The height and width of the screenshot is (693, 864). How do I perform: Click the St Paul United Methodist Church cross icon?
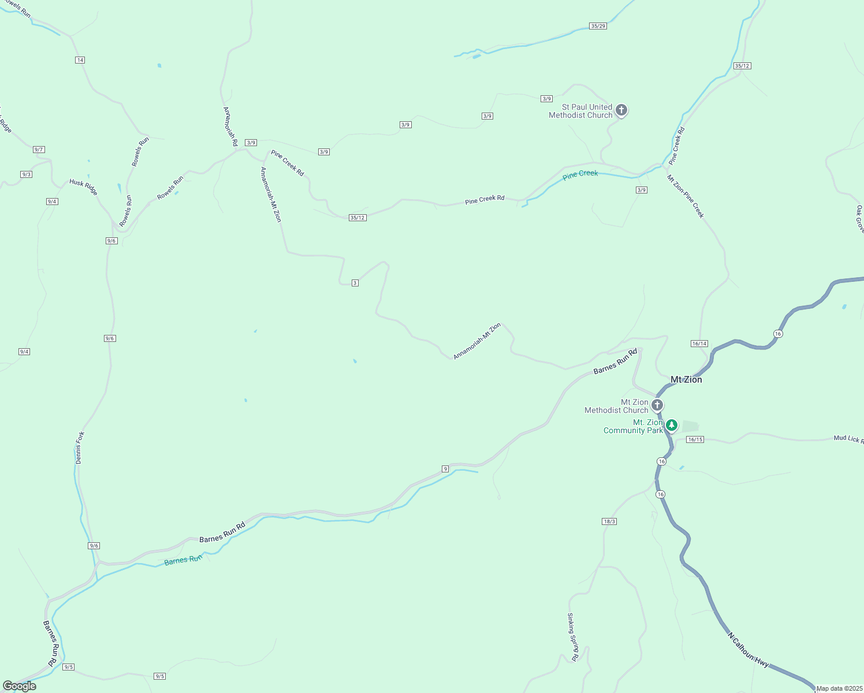[621, 110]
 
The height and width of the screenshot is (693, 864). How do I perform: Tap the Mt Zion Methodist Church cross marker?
[657, 405]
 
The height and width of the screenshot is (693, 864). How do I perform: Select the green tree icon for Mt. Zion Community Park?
[671, 426]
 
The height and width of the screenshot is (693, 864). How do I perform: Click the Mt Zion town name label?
[686, 379]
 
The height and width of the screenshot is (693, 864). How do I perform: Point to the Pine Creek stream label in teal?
[580, 174]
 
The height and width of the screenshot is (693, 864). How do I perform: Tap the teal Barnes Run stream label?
[183, 560]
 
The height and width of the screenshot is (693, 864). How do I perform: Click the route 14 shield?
[80, 60]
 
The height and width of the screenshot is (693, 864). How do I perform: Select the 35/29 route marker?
[598, 26]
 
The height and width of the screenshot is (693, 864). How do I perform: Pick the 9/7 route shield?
[39, 150]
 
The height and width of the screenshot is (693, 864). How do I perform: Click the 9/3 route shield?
[26, 174]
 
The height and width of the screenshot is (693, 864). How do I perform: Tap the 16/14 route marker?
[699, 344]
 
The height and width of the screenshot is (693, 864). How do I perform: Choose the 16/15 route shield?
[695, 439]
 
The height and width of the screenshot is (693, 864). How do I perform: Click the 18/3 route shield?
[609, 521]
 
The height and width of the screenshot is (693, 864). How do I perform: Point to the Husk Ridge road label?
[84, 187]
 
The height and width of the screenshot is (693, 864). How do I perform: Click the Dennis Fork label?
[80, 448]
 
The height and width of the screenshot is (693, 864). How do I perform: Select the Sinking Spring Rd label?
[572, 637]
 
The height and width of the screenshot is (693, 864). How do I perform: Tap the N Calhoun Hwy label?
[748, 650]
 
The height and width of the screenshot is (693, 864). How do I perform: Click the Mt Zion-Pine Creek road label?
[686, 196]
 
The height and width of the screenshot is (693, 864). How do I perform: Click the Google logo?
[20, 686]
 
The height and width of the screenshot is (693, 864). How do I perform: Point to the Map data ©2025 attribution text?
[839, 688]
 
